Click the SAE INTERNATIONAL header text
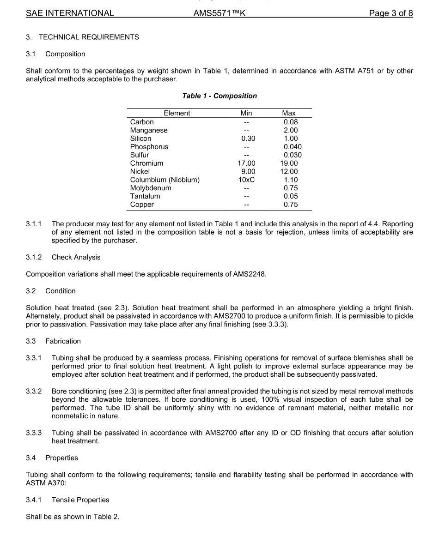[x=70, y=13]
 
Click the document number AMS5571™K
[x=219, y=13]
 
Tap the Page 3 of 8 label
[x=390, y=13]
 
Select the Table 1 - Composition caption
[x=219, y=96]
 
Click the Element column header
[x=177, y=113]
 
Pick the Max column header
[x=289, y=113]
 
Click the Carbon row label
[x=142, y=122]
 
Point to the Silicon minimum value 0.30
[x=248, y=139]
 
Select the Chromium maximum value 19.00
[x=289, y=163]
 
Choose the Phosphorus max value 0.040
[x=293, y=147]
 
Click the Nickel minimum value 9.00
[x=248, y=172]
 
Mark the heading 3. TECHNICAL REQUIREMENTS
[x=82, y=37]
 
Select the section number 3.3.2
[x=34, y=392]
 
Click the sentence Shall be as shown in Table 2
[x=73, y=517]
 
